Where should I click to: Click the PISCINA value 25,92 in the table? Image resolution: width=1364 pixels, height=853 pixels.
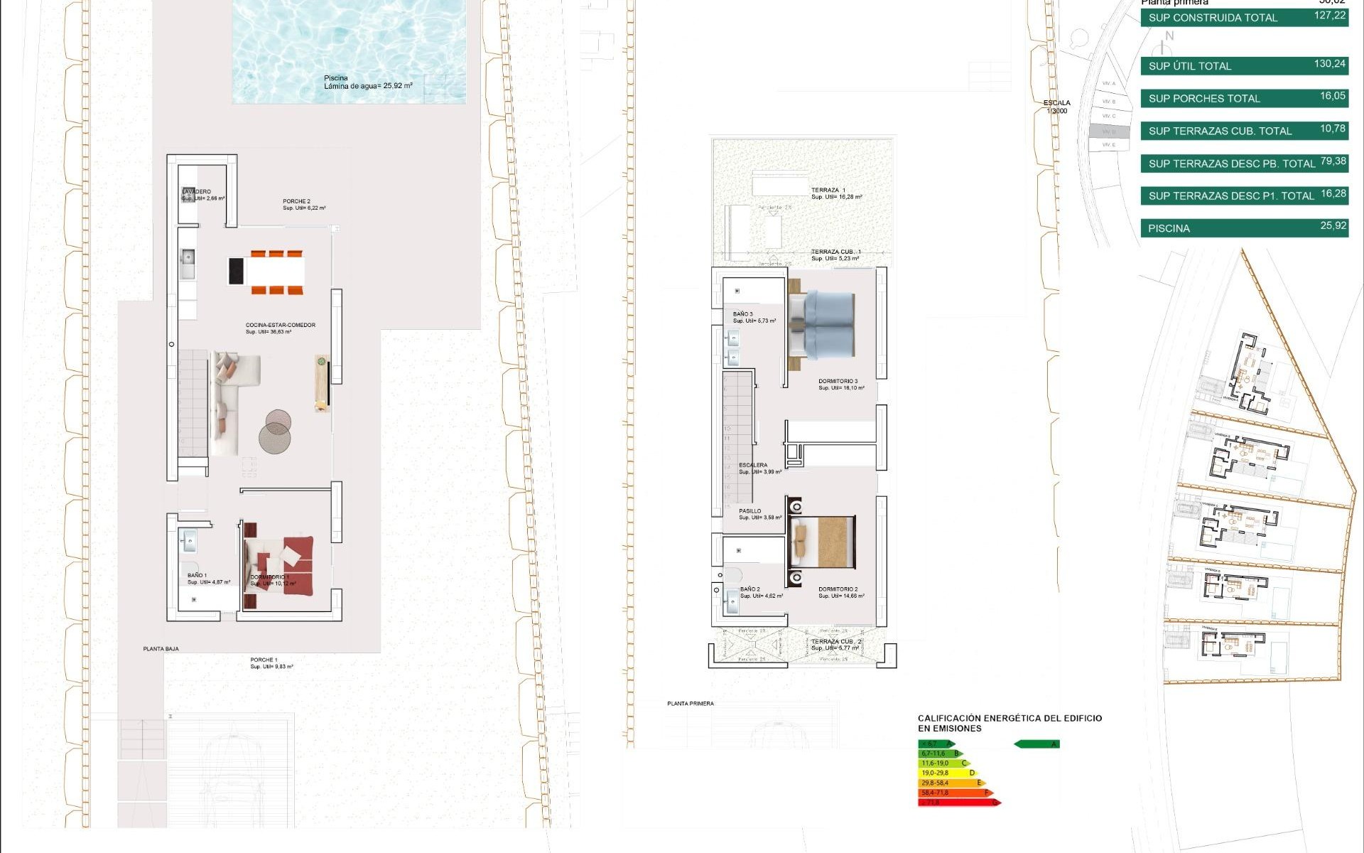pos(1333,226)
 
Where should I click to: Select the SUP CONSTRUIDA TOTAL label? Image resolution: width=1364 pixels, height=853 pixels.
pos(1213,18)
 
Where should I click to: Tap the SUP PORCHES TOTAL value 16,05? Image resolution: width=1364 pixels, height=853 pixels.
pos(1332,96)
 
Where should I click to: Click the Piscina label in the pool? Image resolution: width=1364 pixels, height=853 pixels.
pos(335,78)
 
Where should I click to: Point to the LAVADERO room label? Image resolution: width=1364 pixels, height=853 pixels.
pos(197,192)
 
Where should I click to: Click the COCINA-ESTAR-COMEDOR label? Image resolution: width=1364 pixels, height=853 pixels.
pos(280,325)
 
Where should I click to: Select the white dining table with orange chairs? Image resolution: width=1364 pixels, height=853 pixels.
pos(276,271)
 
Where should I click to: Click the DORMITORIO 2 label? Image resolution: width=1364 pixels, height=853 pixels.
pos(838,589)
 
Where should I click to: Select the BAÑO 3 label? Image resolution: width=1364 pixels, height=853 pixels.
pos(742,314)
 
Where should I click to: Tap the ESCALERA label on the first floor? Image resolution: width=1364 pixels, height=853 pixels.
pos(753,465)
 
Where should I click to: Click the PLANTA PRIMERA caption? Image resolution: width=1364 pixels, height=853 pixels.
pos(690,704)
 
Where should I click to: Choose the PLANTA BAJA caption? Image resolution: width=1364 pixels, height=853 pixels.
pos(161,649)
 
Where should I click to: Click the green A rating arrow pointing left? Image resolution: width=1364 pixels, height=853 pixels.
pos(1036,744)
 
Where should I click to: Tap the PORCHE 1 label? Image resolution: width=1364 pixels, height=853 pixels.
pos(263,660)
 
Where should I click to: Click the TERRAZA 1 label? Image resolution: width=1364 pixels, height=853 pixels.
pos(828,191)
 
